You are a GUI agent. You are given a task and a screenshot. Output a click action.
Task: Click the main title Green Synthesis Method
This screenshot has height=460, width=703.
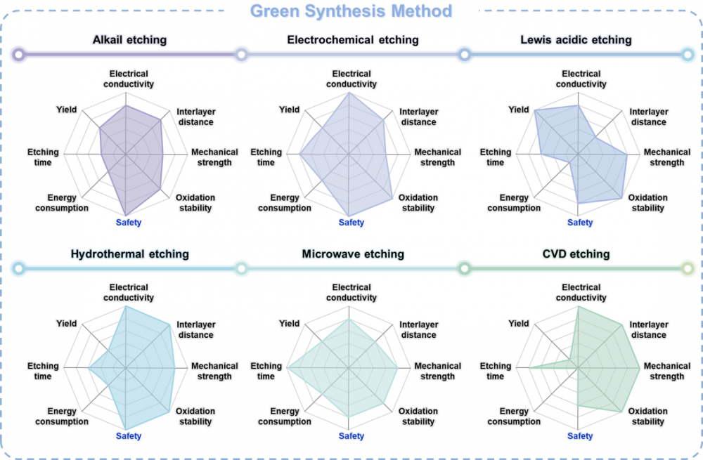(351, 12)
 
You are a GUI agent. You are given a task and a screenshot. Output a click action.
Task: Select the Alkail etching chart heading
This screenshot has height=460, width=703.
(129, 40)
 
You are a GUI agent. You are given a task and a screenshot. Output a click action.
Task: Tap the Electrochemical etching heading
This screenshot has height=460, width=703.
(353, 40)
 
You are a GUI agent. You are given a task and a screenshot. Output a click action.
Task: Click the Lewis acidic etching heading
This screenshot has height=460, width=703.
(576, 40)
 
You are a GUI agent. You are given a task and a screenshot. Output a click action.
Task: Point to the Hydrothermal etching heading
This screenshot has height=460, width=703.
(129, 254)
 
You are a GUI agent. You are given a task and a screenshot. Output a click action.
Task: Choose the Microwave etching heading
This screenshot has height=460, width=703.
(353, 254)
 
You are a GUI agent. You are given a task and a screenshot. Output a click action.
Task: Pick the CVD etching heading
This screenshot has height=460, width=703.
(580, 254)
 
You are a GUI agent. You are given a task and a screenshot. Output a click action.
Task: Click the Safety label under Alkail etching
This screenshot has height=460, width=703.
(129, 223)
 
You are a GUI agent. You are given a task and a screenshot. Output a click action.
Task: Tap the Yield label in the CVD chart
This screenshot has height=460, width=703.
(519, 324)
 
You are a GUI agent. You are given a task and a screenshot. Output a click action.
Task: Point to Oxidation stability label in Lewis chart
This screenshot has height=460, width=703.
(647, 203)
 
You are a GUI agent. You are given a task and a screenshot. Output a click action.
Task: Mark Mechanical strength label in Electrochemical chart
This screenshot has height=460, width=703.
(437, 157)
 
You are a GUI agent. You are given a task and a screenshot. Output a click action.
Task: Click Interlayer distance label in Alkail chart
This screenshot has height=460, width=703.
(196, 117)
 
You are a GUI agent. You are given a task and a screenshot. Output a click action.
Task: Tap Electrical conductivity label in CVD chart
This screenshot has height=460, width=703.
(581, 292)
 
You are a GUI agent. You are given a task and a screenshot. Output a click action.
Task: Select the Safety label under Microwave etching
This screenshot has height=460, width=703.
(351, 436)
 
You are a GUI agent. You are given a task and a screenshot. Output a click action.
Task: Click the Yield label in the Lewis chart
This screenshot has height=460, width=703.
(519, 110)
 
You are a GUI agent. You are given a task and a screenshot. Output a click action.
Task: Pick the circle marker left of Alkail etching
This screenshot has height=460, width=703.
(18, 54)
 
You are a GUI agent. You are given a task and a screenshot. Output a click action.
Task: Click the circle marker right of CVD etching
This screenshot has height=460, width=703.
(688, 268)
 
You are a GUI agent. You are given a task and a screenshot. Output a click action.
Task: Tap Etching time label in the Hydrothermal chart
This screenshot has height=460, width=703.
(43, 371)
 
